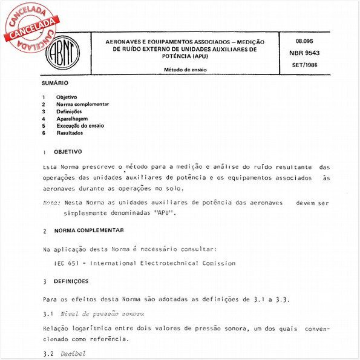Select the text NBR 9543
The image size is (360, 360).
(309, 53)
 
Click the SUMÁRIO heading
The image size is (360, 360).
(55, 82)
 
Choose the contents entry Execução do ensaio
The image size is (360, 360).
(80, 126)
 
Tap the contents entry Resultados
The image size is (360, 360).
(70, 133)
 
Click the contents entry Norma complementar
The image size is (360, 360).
(83, 104)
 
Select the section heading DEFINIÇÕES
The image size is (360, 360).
(71, 281)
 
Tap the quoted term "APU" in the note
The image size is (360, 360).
(164, 214)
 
